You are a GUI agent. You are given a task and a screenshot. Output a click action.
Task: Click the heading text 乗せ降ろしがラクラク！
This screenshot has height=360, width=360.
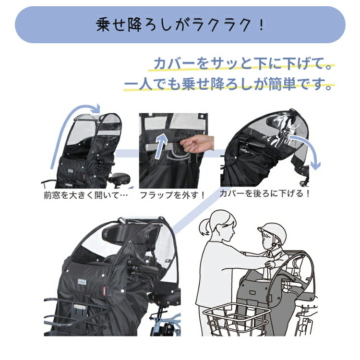tap(180, 24)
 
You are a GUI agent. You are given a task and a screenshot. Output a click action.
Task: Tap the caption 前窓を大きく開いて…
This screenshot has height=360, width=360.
tap(85, 195)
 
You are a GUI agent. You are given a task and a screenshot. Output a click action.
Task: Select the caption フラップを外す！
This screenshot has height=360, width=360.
tap(172, 195)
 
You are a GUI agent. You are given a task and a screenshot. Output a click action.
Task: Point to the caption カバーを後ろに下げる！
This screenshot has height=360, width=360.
tap(264, 193)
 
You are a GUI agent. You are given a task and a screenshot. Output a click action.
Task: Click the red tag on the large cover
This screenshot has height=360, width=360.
tap(105, 291)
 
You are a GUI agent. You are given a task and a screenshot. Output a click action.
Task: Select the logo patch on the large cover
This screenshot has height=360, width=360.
tap(82, 282)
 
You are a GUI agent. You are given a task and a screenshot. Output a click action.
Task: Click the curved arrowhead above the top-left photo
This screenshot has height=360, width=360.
tap(97, 108)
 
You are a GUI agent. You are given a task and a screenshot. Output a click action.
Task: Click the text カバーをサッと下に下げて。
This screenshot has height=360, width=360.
tap(243, 63)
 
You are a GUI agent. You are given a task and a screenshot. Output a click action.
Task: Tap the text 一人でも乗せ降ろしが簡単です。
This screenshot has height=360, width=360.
tap(228, 84)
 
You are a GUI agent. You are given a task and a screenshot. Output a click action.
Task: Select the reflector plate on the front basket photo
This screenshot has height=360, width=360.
tap(79, 307)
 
